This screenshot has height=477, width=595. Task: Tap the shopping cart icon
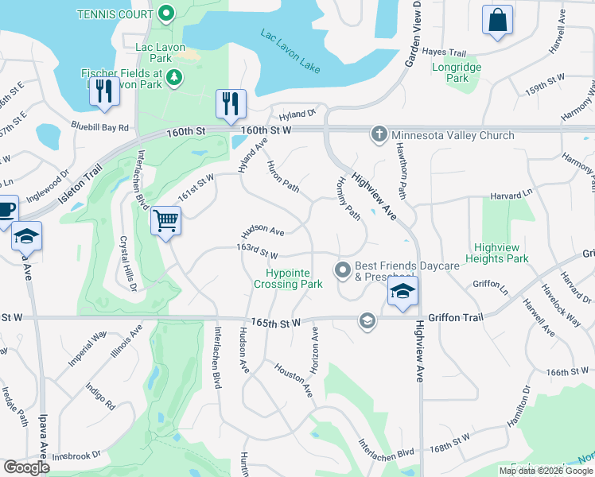[x=166, y=220]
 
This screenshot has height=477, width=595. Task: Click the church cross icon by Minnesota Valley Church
[x=379, y=134]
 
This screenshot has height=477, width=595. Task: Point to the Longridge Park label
[x=456, y=72]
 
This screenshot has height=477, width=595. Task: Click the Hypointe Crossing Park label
[x=288, y=277]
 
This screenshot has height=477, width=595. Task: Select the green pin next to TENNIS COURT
[x=165, y=13]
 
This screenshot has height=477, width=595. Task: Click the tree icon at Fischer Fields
[x=174, y=76]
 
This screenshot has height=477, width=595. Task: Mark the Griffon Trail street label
[x=455, y=317]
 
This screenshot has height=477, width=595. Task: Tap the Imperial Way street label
[x=87, y=348]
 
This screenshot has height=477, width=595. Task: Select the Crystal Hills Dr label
[x=128, y=262]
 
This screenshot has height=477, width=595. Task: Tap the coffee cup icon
[x=6, y=210]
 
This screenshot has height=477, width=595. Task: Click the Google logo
[x=26, y=467]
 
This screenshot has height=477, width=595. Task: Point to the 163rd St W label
[x=256, y=252]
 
